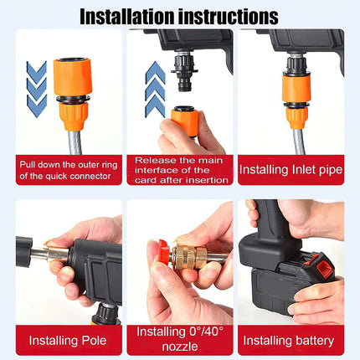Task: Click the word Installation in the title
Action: pos(126,15)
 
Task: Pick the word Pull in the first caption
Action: pos(30,165)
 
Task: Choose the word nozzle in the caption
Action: pos(181,347)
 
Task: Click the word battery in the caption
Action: pos(314,340)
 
